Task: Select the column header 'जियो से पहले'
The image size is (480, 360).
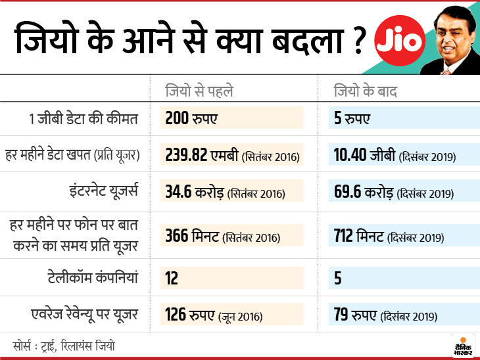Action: point(199,91)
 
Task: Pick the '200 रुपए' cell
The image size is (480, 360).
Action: point(191,118)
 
